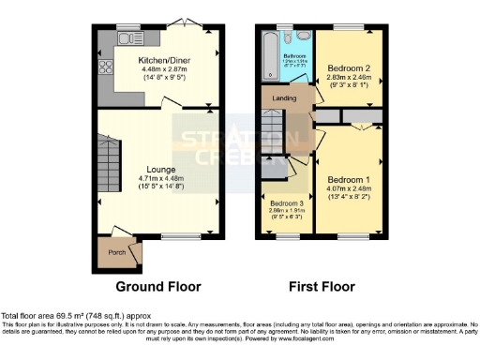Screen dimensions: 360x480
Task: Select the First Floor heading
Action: pyautogui.click(x=321, y=286)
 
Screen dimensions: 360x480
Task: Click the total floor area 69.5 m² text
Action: pyautogui.click(x=75, y=316)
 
